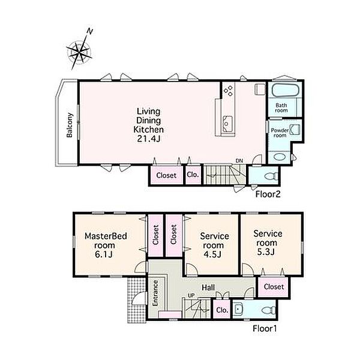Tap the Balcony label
(70, 125)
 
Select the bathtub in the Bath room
(285, 90)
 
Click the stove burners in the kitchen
(229, 91)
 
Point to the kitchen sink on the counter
(227, 124)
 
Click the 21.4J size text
(149, 139)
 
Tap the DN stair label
(239, 161)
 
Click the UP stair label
(191, 295)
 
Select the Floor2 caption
(268, 194)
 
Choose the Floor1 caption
(265, 328)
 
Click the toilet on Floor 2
(272, 176)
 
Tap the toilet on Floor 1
(269, 310)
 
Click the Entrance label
(155, 293)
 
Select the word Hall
(208, 287)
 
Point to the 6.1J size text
(104, 254)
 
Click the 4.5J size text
(212, 254)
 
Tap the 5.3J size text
(266, 252)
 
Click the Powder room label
(280, 133)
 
